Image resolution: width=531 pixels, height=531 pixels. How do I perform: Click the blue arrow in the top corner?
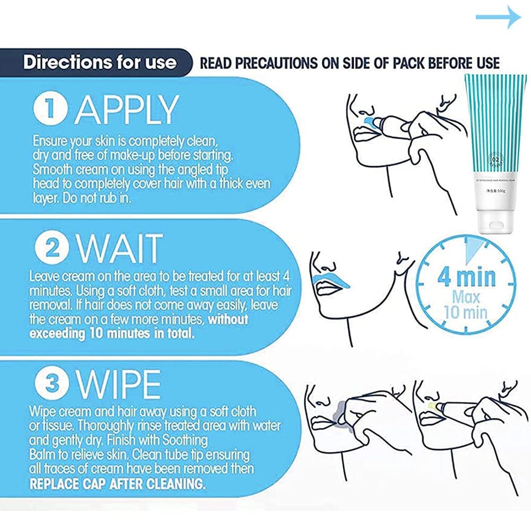498,18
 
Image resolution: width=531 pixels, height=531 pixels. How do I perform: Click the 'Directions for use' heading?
99,62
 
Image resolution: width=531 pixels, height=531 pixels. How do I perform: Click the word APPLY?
126,110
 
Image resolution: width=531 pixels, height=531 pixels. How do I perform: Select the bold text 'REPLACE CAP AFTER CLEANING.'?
117,484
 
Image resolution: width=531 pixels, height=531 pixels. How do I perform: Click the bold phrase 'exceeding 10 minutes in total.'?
112,335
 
